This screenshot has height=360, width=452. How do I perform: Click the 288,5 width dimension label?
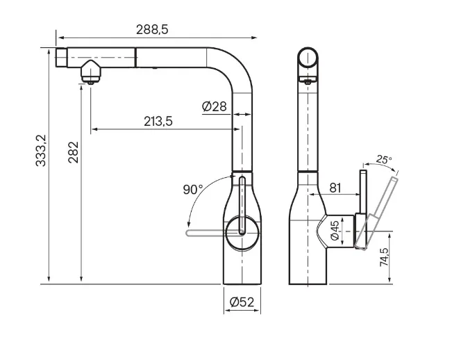152,30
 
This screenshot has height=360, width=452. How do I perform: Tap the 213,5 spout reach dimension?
158,122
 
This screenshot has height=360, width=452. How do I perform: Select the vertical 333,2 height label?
41,151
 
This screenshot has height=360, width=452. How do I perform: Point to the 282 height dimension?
74,152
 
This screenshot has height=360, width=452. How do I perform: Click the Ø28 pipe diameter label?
215,107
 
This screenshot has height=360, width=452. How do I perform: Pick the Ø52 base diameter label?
242,302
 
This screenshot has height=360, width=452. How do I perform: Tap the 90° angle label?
193,190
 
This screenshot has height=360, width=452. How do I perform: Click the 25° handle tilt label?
384,159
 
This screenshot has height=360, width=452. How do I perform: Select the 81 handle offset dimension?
335,188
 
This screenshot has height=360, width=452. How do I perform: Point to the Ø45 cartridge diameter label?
335,231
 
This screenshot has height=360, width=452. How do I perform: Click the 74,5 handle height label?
384,257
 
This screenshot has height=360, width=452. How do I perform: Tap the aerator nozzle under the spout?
91,72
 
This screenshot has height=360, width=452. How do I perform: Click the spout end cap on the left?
61,58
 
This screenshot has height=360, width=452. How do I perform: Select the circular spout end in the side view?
308,58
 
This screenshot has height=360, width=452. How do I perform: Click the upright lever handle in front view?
242,206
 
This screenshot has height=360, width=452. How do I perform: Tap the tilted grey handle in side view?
376,213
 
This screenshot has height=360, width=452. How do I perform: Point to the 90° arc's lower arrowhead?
189,224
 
